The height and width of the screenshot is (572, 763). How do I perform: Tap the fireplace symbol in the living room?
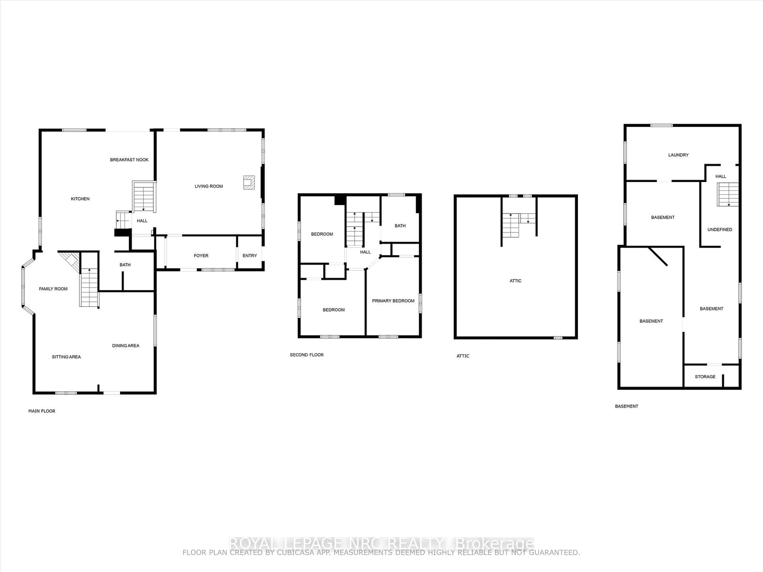(249, 182)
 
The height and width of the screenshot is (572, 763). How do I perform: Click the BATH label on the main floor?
(125, 265)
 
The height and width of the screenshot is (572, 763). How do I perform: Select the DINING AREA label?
(126, 345)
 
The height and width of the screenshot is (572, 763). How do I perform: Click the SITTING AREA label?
(66, 357)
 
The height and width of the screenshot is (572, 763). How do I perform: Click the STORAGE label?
(705, 377)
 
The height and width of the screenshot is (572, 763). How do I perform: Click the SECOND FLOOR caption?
(307, 355)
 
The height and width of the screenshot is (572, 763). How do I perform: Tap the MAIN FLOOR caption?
(42, 411)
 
